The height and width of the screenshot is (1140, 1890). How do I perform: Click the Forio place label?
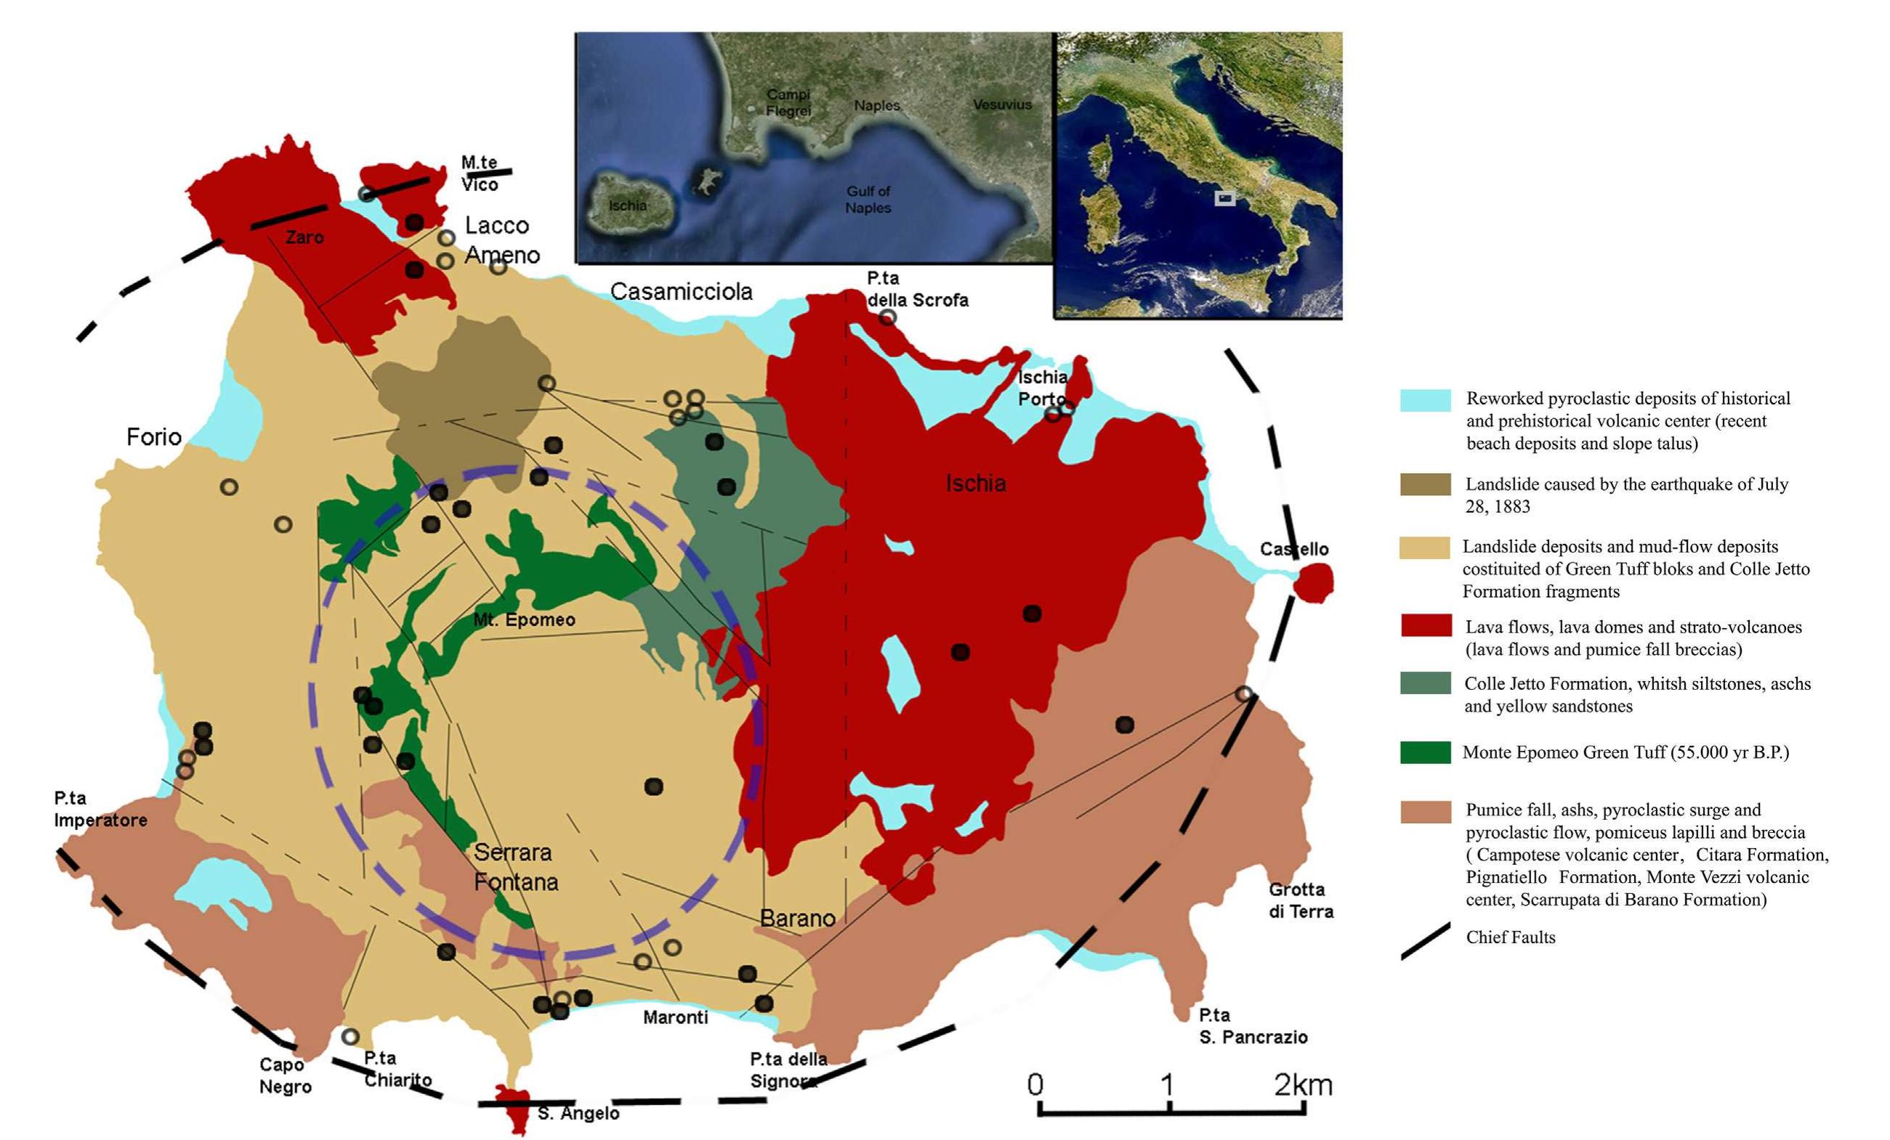(x=153, y=437)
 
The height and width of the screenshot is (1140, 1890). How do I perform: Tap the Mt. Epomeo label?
(x=524, y=619)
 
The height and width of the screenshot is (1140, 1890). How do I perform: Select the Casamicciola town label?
(x=681, y=291)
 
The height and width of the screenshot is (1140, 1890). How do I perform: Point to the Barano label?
(x=797, y=918)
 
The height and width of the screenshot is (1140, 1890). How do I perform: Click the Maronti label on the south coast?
(x=675, y=1017)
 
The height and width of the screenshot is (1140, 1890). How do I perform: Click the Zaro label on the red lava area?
(x=304, y=237)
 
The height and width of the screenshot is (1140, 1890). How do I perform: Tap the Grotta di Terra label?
(x=1301, y=900)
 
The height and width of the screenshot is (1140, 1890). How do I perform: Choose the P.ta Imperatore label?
(x=100, y=809)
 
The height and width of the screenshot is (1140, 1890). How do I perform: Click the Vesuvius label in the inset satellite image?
(x=1002, y=105)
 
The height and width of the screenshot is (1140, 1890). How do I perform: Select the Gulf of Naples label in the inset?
(x=868, y=200)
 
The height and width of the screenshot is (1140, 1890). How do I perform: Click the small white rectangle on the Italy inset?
(x=1225, y=198)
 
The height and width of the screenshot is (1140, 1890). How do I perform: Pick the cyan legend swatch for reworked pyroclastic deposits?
(x=1425, y=400)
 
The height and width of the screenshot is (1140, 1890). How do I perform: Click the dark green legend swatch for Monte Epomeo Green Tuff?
(x=1425, y=752)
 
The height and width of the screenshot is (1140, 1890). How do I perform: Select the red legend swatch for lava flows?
(x=1425, y=626)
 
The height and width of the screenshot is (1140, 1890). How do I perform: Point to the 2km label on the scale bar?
(x=1302, y=1085)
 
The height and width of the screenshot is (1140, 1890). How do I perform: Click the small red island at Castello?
(x=1313, y=582)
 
